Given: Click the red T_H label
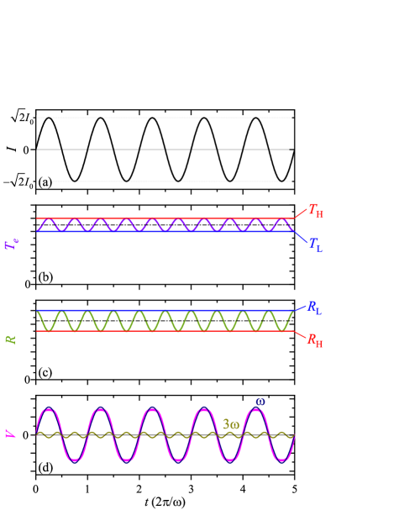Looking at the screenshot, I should click(316, 210).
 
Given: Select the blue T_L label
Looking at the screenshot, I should click(315, 244).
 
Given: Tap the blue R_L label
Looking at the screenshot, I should click(314, 308).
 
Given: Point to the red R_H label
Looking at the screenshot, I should click(314, 340).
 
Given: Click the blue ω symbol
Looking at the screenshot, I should click(260, 402).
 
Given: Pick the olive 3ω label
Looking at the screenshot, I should click(230, 424).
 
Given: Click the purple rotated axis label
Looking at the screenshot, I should click(11, 244).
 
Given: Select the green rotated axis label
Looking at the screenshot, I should click(11, 339).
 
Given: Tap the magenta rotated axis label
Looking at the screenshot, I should click(11, 434).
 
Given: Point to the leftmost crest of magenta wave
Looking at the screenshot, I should click(49, 409).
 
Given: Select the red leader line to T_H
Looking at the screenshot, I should click(300, 213).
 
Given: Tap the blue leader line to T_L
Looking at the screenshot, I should click(300, 237).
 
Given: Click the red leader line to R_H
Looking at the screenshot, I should click(300, 334).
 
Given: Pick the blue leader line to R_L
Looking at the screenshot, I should click(300, 308).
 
